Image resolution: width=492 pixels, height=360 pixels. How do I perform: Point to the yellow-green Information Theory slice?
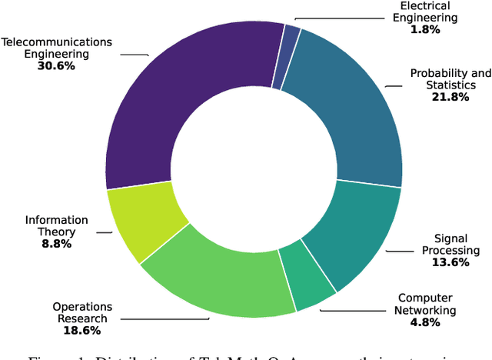pyautogui.click(x=142, y=223)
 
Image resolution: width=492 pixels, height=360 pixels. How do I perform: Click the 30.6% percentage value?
pyautogui.click(x=56, y=67)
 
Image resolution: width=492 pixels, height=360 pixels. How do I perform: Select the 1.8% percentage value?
pyautogui.click(x=424, y=30)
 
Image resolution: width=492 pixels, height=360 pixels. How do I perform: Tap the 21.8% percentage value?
pyautogui.click(x=450, y=98)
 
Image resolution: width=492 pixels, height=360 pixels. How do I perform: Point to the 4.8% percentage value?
pyautogui.click(x=426, y=323)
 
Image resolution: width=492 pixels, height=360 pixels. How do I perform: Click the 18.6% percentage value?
pyautogui.click(x=82, y=332)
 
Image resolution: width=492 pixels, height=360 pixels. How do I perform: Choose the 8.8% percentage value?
pyautogui.click(x=56, y=245)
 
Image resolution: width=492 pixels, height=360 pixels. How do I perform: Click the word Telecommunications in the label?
pyautogui.click(x=56, y=42)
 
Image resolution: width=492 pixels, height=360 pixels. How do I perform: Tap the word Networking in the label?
pyautogui.click(x=426, y=311)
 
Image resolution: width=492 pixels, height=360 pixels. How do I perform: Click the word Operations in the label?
pyautogui.click(x=82, y=307)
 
